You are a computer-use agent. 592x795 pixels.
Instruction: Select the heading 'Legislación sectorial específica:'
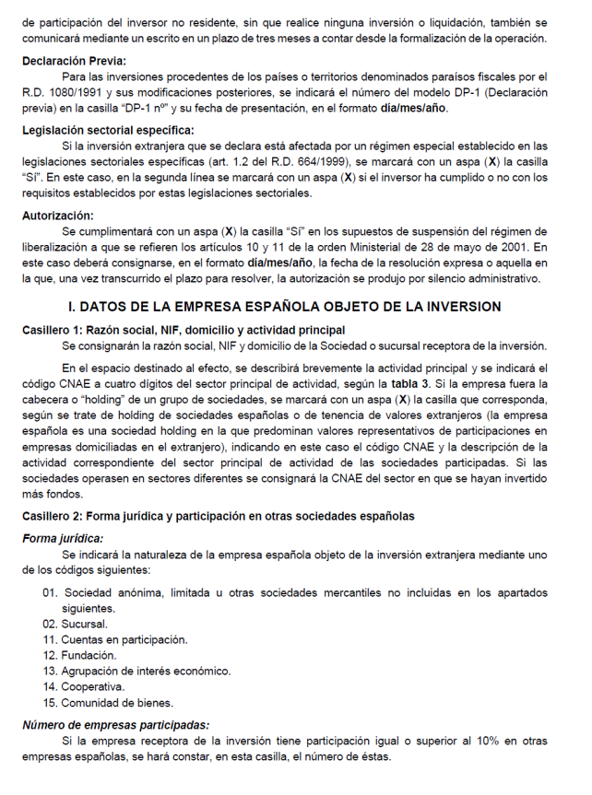click(x=109, y=130)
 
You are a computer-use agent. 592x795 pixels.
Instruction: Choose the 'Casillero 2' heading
click(x=218, y=516)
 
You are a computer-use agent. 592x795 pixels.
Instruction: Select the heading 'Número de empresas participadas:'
click(x=115, y=725)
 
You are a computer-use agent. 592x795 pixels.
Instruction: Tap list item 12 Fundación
click(x=89, y=655)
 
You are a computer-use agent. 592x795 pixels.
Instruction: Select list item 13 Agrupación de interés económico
click(x=139, y=671)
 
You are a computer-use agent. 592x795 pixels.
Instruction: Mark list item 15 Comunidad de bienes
click(x=105, y=702)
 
